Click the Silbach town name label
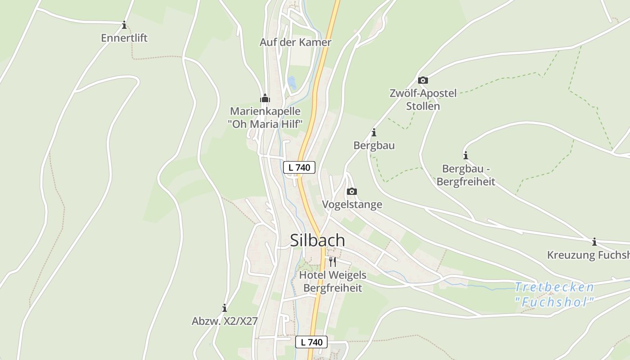(x=317, y=240)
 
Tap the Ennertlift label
(x=124, y=38)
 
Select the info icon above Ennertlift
(x=124, y=25)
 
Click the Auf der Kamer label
(x=295, y=42)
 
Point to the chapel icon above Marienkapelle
(x=265, y=98)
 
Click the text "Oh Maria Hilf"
(x=265, y=124)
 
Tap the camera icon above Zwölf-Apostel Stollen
(x=423, y=81)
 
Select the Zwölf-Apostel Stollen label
(x=423, y=99)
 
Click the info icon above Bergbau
(x=373, y=133)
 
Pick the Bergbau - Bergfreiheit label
(x=466, y=175)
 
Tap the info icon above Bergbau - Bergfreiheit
(x=466, y=156)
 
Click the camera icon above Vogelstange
(x=352, y=192)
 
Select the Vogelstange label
(x=352, y=204)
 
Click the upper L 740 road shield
(x=299, y=167)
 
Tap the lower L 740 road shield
(x=311, y=342)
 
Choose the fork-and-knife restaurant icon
(x=333, y=262)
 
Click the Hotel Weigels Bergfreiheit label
(x=333, y=281)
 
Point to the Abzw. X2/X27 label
(x=225, y=321)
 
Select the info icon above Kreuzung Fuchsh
(x=594, y=242)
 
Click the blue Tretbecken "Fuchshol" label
(x=554, y=294)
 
